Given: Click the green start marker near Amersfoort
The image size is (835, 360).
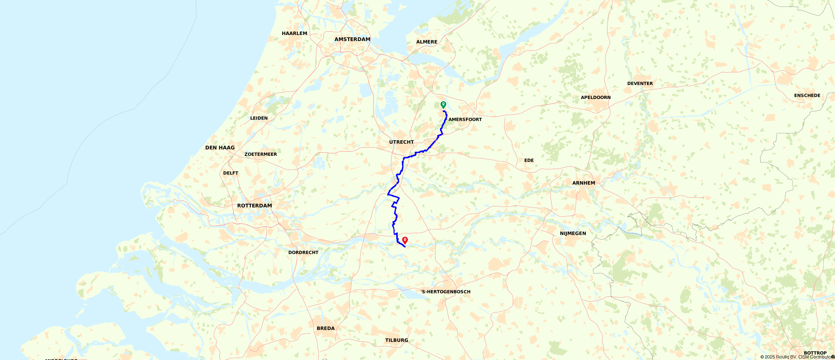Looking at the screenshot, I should pyautogui.click(x=443, y=105).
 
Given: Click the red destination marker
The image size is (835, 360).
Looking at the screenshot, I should pyautogui.click(x=405, y=240).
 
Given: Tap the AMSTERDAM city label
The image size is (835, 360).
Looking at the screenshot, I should pyautogui.click(x=352, y=39).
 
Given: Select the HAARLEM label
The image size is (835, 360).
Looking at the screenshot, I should pyautogui.click(x=294, y=33).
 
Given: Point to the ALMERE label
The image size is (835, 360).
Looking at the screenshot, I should pyautogui.click(x=427, y=42).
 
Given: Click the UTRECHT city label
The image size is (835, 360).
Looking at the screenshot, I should pyautogui.click(x=401, y=142).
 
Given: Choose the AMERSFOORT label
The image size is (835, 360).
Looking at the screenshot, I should pyautogui.click(x=465, y=120).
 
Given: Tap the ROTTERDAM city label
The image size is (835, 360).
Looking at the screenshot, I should pyautogui.click(x=254, y=205).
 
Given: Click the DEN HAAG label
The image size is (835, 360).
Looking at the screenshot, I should pyautogui.click(x=220, y=148).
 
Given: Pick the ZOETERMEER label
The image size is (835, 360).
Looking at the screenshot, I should pyautogui.click(x=261, y=154).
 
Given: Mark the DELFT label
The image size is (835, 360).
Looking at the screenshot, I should pyautogui.click(x=230, y=173).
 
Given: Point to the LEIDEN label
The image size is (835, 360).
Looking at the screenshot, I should pyautogui.click(x=259, y=118).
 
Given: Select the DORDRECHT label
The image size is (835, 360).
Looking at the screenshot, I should pyautogui.click(x=303, y=252).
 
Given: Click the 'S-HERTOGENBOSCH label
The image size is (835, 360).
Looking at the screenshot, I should pyautogui.click(x=445, y=292).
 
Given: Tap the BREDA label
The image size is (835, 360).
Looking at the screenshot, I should pyautogui.click(x=325, y=328).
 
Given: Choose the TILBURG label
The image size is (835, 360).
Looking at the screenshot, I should pyautogui.click(x=397, y=340).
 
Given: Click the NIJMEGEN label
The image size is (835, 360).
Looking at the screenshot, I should pyautogui.click(x=573, y=233).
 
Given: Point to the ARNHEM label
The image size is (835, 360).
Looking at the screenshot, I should pyautogui.click(x=583, y=183).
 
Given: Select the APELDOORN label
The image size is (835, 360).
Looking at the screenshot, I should pyautogui.click(x=595, y=97).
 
